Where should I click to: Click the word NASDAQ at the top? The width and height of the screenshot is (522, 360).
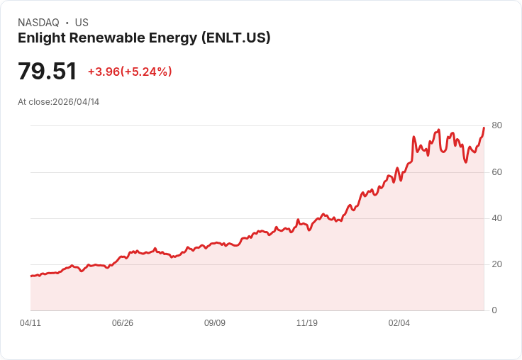pyautogui.click(x=38, y=23)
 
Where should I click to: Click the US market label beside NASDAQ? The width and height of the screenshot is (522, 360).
pyautogui.click(x=82, y=23)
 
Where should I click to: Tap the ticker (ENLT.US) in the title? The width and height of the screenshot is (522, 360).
pyautogui.click(x=236, y=38)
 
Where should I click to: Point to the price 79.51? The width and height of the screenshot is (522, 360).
pyautogui.click(x=47, y=71)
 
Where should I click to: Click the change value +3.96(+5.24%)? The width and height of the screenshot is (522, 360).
pyautogui.click(x=130, y=72)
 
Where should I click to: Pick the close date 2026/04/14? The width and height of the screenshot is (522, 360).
pyautogui.click(x=76, y=102)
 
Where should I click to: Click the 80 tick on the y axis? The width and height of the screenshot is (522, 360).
pyautogui.click(x=496, y=125)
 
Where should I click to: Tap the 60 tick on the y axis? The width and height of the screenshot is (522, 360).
pyautogui.click(x=496, y=172)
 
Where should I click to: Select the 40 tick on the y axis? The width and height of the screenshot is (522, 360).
pyautogui.click(x=496, y=218)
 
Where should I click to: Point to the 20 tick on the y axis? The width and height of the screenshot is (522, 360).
pyautogui.click(x=496, y=264)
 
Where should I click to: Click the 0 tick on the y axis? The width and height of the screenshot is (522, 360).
pyautogui.click(x=494, y=310)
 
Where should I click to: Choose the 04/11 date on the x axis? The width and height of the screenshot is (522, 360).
pyautogui.click(x=30, y=323)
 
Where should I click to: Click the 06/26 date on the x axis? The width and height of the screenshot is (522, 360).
pyautogui.click(x=123, y=323)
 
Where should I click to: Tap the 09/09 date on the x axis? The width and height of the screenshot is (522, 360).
pyautogui.click(x=215, y=323)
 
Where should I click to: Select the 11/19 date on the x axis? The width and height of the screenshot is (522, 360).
pyautogui.click(x=307, y=323)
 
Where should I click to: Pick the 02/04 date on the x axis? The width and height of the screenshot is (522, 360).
pyautogui.click(x=399, y=323)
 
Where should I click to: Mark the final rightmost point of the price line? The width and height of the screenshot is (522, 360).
pyautogui.click(x=484, y=128)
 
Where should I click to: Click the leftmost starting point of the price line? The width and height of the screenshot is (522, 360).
pyautogui.click(x=30, y=276)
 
